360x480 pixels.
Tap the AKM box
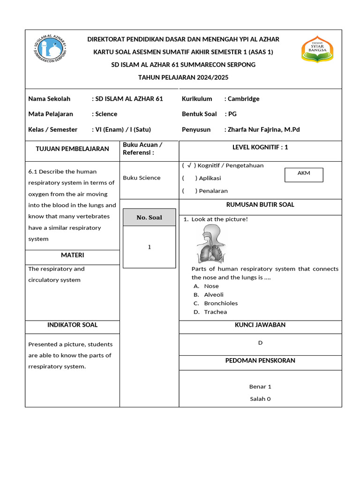pyautogui.click(x=304, y=173)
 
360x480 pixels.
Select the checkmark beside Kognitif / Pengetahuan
pyautogui.click(x=189, y=165)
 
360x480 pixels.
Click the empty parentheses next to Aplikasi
pyautogui.click(x=189, y=178)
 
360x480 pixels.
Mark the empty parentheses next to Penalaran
pyautogui.click(x=189, y=191)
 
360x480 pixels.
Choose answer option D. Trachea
pyautogui.click(x=210, y=312)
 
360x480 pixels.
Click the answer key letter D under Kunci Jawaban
pyautogui.click(x=260, y=343)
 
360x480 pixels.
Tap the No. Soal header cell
pyautogui.click(x=149, y=217)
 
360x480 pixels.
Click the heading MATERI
pyautogui.click(x=72, y=255)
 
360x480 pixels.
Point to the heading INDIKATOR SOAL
pyautogui.click(x=72, y=325)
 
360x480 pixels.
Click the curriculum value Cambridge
pyautogui.click(x=243, y=99)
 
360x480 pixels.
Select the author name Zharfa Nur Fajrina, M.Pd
pyautogui.click(x=263, y=129)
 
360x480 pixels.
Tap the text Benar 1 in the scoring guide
pyautogui.click(x=260, y=387)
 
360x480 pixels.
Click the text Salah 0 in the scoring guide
pyautogui.click(x=260, y=399)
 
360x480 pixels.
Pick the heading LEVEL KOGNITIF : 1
pyautogui.click(x=260, y=147)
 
